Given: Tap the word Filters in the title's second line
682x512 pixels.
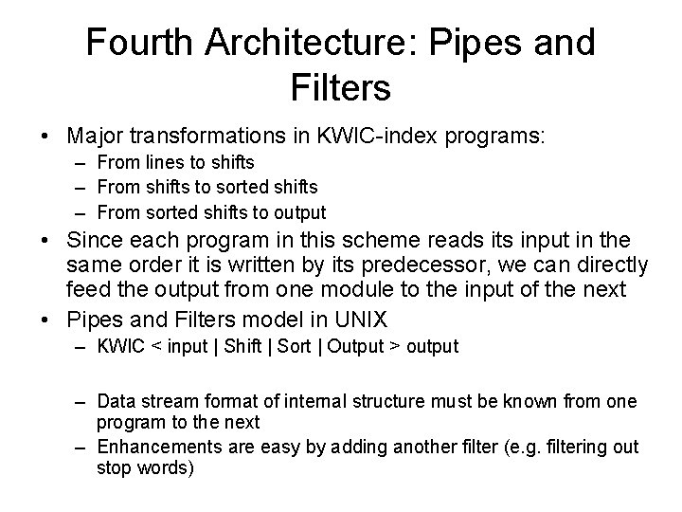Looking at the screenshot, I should click(341, 88).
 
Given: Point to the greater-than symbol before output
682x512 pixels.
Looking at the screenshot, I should click(393, 347).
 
